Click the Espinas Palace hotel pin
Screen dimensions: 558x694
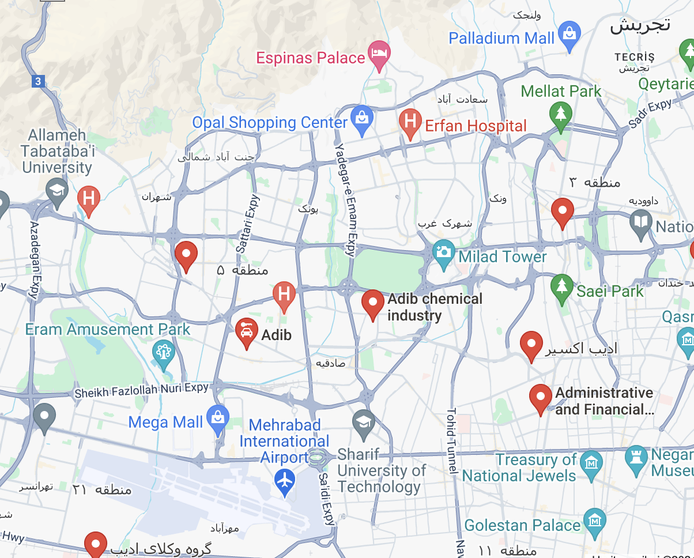(x=379, y=54)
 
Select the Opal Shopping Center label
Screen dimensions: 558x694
(x=270, y=123)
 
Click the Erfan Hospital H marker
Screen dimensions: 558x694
(x=410, y=122)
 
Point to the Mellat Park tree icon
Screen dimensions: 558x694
(x=560, y=112)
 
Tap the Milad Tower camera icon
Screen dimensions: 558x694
(x=443, y=253)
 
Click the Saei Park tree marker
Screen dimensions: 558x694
(x=561, y=286)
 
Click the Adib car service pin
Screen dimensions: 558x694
(x=247, y=331)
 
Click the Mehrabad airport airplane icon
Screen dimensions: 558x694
(x=285, y=480)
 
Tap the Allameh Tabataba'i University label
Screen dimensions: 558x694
(x=57, y=152)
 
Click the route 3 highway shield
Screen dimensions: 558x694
(x=38, y=81)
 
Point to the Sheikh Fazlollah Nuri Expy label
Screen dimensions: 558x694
(x=141, y=391)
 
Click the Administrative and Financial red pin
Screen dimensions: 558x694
(x=541, y=398)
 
